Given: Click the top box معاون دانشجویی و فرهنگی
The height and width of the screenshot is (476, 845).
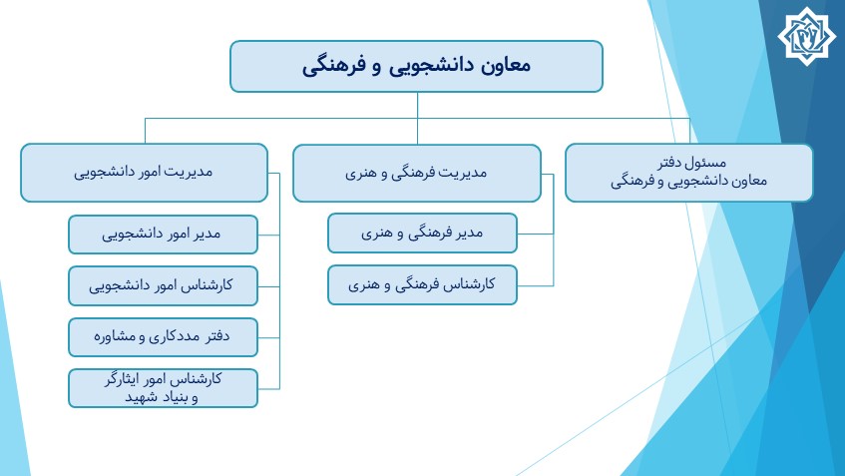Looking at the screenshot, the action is click(x=416, y=66).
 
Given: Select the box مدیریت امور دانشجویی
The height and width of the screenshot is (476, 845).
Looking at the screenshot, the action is click(x=144, y=173).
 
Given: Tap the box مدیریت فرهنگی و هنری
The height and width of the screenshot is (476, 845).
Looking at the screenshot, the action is click(x=417, y=173).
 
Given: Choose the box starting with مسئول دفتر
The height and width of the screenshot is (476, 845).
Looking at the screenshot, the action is click(x=688, y=173).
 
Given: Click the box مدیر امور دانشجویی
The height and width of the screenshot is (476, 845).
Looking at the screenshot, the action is click(x=163, y=235).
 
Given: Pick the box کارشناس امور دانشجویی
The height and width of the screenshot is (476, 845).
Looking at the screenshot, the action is click(x=163, y=285).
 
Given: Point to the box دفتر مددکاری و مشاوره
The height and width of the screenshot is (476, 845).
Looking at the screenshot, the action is click(x=163, y=337).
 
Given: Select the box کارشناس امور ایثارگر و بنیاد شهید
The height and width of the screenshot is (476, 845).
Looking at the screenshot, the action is click(x=163, y=388).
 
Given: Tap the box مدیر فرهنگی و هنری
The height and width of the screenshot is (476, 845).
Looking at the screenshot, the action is click(x=422, y=233).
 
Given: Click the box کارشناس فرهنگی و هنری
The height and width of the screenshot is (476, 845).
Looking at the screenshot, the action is click(x=422, y=284).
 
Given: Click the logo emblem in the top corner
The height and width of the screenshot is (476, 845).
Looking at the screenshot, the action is click(x=806, y=36).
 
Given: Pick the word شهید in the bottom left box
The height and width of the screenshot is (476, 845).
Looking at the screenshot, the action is click(x=141, y=397).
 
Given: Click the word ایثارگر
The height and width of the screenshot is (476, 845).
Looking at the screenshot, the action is click(x=120, y=379).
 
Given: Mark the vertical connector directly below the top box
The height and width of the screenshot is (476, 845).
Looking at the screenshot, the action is click(x=417, y=118).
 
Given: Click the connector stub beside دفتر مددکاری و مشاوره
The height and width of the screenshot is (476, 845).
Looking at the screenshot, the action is click(x=269, y=338).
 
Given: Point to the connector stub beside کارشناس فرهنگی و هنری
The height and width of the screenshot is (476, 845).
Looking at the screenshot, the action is click(x=535, y=285).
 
